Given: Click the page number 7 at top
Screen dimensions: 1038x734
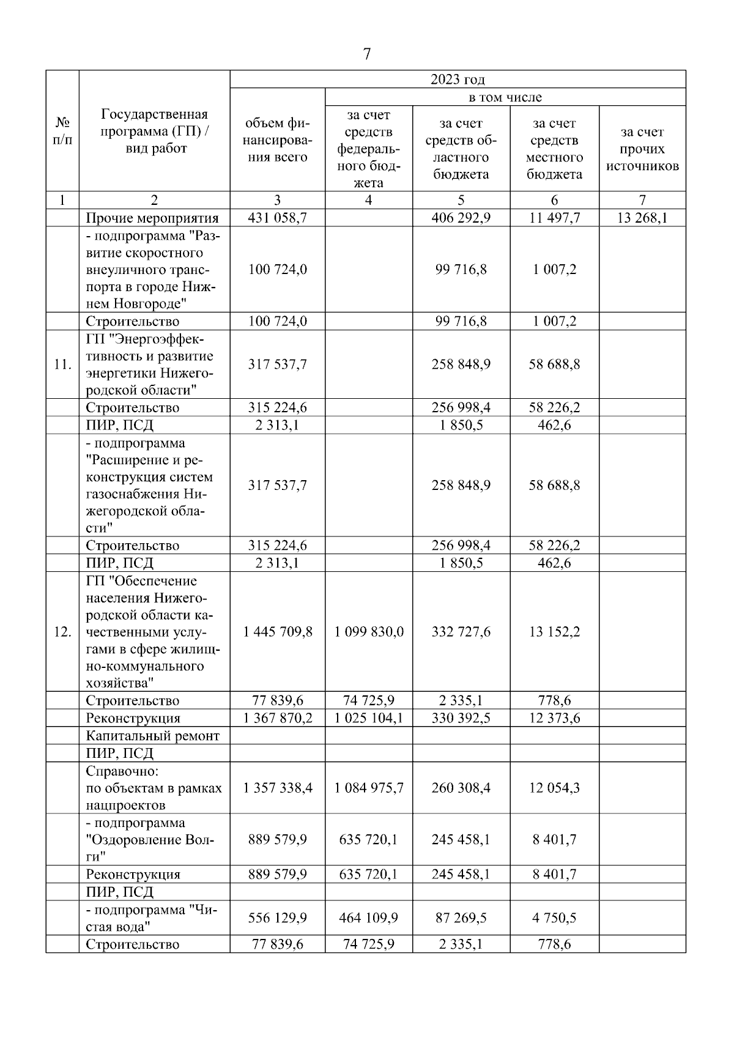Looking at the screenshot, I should [x=366, y=54].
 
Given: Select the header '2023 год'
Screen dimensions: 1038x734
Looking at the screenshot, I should [x=457, y=80].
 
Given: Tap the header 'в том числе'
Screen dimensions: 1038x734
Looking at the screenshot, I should [x=505, y=97].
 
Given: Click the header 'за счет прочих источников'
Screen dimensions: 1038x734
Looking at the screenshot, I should [x=642, y=149].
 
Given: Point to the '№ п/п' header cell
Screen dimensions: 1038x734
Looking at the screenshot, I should [x=62, y=131].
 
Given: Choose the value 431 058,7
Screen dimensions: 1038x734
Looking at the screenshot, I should [x=277, y=218].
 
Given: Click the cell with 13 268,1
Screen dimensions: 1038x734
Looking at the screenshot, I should [x=642, y=218].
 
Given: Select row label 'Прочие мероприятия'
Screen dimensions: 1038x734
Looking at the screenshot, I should [x=152, y=218].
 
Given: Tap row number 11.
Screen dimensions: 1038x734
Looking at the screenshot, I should [x=62, y=365].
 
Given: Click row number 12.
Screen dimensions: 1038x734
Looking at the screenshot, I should [x=62, y=632].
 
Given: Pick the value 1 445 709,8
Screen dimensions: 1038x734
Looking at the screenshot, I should [x=277, y=632].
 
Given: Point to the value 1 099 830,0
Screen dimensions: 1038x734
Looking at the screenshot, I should [x=368, y=632].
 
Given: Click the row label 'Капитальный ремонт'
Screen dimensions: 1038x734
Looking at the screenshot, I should [x=152, y=736].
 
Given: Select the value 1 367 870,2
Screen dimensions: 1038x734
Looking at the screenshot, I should [x=277, y=718].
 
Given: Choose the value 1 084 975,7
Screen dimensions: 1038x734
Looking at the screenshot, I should [x=368, y=788].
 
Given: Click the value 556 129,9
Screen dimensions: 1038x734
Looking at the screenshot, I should [x=277, y=918].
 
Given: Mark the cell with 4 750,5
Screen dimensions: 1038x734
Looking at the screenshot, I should [x=554, y=918].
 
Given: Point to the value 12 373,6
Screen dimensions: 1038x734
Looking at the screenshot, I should [x=554, y=718].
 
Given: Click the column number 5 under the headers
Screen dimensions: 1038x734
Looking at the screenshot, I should [x=461, y=200].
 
